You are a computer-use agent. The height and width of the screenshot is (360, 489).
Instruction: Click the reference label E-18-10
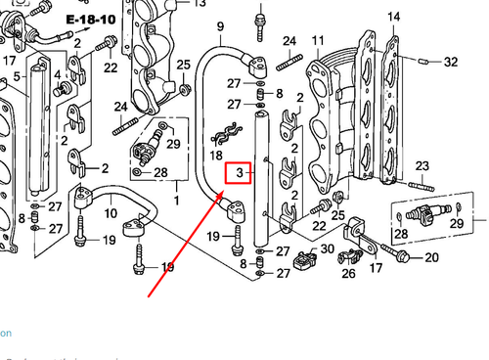point(89,19)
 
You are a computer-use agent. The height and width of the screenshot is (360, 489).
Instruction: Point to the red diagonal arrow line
point(181,245)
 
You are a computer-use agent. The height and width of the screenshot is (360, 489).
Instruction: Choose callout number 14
point(393,18)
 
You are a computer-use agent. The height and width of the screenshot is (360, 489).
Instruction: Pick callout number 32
point(450,62)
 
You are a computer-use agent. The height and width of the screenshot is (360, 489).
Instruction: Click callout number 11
point(318,41)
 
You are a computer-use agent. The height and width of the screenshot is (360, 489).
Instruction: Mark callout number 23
point(422,166)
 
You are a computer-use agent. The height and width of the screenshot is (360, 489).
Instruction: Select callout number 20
point(431,257)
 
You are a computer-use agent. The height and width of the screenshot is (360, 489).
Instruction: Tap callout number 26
point(348,273)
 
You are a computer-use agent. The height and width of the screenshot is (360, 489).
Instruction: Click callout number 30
point(327,249)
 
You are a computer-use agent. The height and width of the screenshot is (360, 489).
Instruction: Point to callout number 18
point(217,156)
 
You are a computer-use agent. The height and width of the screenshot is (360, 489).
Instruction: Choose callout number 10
point(111,212)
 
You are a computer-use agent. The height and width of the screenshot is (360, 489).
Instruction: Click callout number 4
point(58,74)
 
